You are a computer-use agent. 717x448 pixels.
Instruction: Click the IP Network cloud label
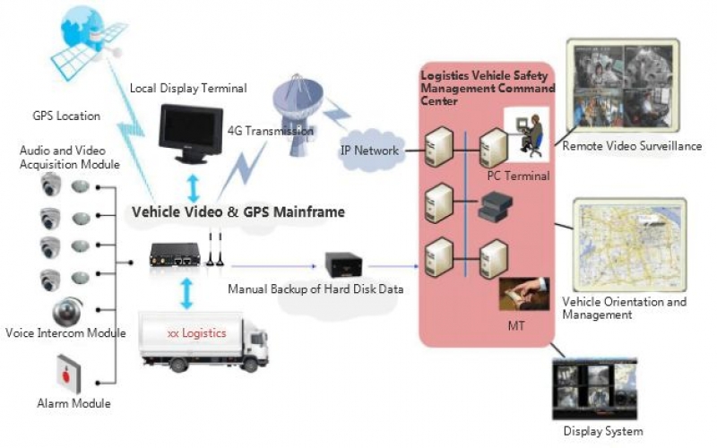point(369,150)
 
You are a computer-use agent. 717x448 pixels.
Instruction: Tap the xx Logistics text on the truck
point(196,333)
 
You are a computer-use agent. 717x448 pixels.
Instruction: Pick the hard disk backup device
point(342,266)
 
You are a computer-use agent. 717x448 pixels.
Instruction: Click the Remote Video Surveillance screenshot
point(622,85)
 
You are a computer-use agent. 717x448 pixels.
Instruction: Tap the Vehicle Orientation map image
point(627,243)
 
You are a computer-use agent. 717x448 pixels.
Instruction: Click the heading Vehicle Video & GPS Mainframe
point(238,213)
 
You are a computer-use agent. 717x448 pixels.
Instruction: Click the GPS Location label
point(66,116)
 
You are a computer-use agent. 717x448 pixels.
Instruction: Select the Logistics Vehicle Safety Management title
point(488,89)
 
